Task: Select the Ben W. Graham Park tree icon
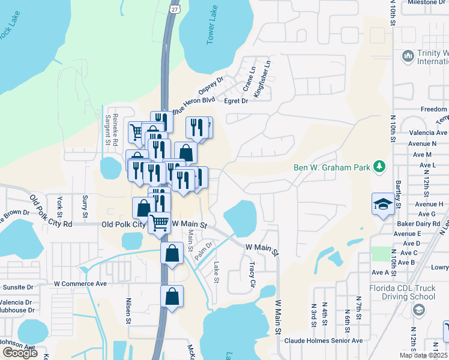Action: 379,166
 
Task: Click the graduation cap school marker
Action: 383,204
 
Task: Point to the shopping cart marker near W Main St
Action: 160,223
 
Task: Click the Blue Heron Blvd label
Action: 193,106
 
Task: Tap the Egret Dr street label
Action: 236,101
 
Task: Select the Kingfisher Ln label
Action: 263,78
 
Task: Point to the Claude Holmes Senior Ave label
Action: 324,341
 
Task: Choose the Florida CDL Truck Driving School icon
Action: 419,310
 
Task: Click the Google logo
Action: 20,353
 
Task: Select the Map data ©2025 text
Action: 423,355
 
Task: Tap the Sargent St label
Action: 109,130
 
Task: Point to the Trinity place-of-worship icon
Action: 408,56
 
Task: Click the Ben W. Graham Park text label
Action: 331,167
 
